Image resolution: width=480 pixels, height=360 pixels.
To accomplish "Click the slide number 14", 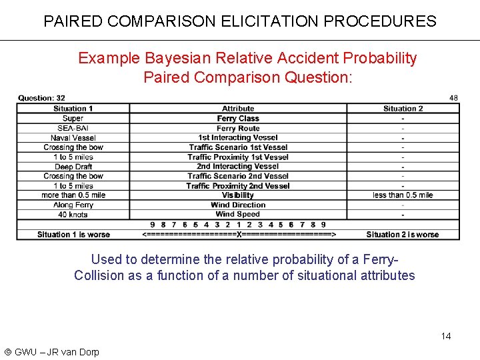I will pos(446,336).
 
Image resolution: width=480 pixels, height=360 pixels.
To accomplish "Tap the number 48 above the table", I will pos(453,97).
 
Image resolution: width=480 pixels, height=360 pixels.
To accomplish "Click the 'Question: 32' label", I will pos(41,98).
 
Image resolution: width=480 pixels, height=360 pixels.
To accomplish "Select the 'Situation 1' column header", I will pos(73,109).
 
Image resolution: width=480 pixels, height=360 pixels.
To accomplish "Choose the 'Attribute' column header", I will pos(238,109).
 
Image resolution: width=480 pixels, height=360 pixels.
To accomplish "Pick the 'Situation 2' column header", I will pos(403,109).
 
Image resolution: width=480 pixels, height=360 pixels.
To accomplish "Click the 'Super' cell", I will pos(73,119).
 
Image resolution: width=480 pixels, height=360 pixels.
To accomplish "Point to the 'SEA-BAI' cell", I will pos(73,128).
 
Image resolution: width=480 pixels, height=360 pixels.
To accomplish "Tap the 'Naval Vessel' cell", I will pos(73,138).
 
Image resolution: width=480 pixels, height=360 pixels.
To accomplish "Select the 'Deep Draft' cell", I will pos(73,167).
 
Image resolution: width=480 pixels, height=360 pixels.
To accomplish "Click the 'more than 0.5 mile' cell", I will pos(73,195).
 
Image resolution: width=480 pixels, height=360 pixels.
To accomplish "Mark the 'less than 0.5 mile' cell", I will pos(403,195).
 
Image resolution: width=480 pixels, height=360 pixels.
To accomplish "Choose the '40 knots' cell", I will pos(73,215).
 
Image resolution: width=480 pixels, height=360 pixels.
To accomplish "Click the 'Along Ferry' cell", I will pos(73,205).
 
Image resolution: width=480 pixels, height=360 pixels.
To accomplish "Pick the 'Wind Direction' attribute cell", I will pos(238,205).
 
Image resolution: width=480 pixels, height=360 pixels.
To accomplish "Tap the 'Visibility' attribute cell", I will pos(238,195).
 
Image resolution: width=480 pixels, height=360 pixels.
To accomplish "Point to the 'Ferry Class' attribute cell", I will pos(238,119).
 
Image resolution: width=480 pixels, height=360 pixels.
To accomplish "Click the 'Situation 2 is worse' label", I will pos(403,235).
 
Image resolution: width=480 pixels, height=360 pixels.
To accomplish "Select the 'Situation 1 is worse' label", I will pos(73,235).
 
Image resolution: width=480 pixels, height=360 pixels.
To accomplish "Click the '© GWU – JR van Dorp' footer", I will pos(51,352).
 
